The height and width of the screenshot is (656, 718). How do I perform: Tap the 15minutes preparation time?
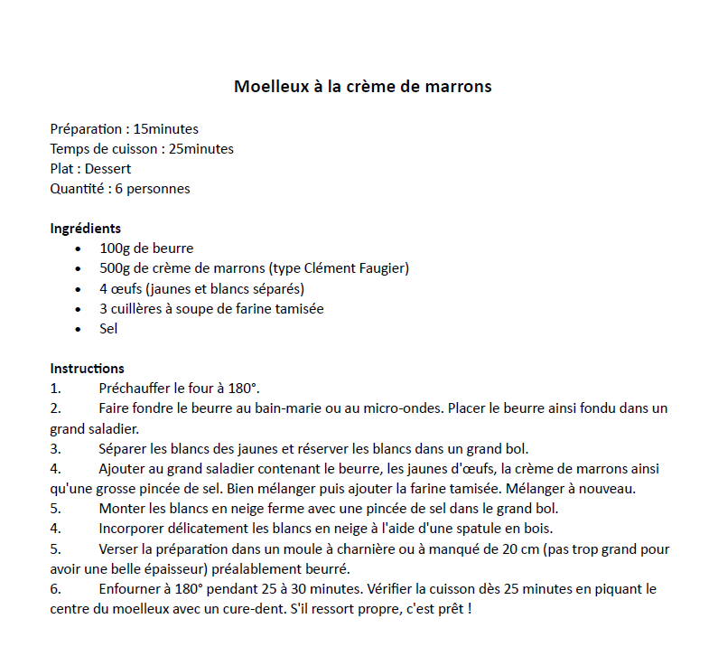(166, 129)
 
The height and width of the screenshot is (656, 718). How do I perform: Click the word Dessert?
(107, 169)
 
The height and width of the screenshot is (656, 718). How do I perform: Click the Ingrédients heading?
(85, 229)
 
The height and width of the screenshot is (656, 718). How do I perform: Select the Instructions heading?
(87, 369)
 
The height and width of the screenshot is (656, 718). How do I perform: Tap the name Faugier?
(383, 268)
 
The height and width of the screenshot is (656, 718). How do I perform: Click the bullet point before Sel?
(79, 330)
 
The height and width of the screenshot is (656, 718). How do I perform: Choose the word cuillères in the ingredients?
(142, 309)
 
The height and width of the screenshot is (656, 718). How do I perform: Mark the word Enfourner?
(129, 589)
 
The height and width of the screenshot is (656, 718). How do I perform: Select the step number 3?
(55, 449)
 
